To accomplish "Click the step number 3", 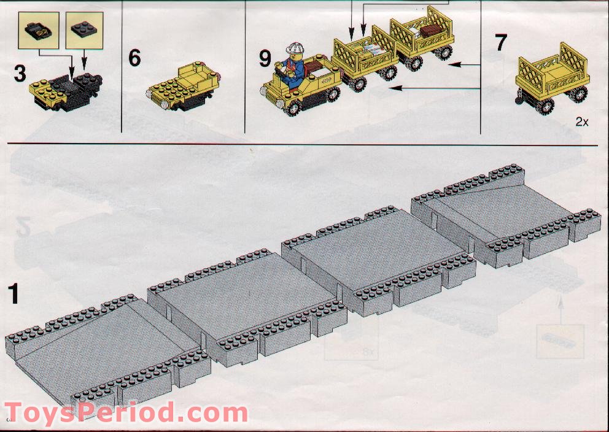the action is pos(20,74).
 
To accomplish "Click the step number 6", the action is pos(134,58).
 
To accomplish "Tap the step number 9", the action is pos(265,59).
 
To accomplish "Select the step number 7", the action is pos(501,43).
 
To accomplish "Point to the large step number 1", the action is pos(14,294).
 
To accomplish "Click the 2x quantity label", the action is pos(582,122).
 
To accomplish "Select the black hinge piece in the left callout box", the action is pos(38,31).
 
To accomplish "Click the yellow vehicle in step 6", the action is pos(183,86).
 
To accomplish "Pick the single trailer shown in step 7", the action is pos(552,79).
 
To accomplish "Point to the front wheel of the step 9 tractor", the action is pos(293,107).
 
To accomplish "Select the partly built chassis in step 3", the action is pos(66,92).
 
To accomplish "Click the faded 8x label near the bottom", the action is pos(367,352).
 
